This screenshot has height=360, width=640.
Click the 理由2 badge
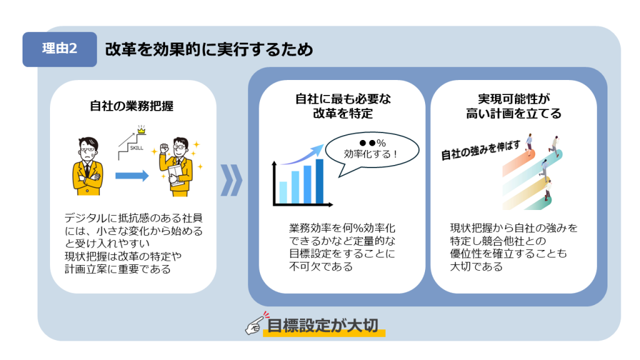[x=59, y=49]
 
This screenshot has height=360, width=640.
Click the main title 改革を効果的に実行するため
[x=209, y=49]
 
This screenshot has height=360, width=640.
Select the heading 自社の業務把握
[x=132, y=106]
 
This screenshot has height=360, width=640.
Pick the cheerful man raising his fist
[x=176, y=167]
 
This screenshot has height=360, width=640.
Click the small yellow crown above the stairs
[x=141, y=130]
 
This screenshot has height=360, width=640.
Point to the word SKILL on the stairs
[x=136, y=148]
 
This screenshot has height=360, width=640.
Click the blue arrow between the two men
[x=132, y=176]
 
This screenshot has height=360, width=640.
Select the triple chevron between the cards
[x=231, y=181]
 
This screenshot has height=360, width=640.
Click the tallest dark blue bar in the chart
[x=319, y=181]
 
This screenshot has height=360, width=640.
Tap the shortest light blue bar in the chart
[x=283, y=192]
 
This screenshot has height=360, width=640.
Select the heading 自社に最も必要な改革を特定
[x=343, y=106]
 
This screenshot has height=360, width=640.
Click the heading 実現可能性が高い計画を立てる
[x=514, y=106]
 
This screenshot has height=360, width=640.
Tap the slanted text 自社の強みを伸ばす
[x=481, y=150]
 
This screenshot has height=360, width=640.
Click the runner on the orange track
[x=529, y=144]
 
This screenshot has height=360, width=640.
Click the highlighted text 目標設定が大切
[x=323, y=326]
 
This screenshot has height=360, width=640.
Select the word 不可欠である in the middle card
[x=321, y=267]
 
